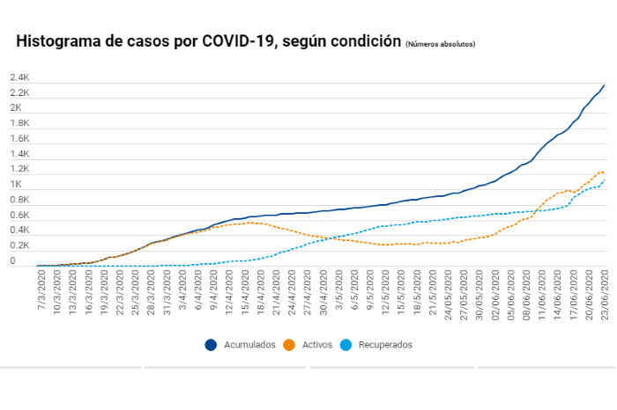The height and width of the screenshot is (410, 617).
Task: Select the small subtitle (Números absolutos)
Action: coord(440,44)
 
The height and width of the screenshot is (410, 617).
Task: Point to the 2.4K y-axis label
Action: coord(21,77)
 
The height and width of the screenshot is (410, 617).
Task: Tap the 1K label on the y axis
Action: coord(17,185)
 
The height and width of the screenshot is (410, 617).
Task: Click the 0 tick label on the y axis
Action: coord(13,261)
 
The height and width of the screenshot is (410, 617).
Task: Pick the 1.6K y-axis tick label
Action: coord(21,139)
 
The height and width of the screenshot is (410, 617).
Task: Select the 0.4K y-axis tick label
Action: coord(21,231)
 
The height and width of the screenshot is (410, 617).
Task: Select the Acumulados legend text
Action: coord(249,345)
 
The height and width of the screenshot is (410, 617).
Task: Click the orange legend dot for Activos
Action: coord(289,345)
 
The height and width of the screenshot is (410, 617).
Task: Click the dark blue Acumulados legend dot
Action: coord(212,345)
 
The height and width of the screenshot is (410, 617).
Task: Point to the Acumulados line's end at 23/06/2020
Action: coord(605,84)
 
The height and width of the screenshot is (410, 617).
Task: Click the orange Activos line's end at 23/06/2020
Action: coord(605,172)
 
